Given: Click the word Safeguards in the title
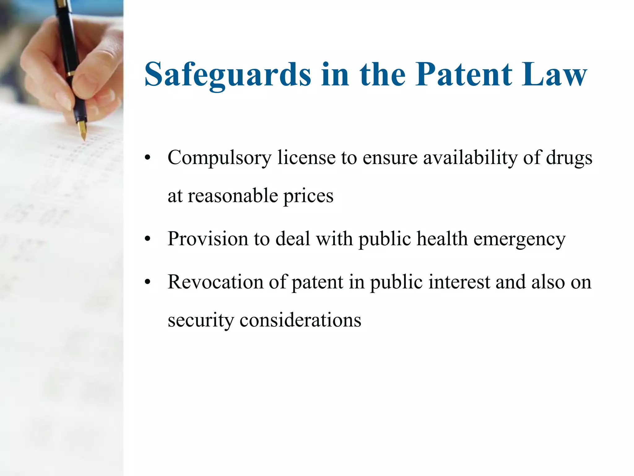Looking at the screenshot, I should pos(228,75).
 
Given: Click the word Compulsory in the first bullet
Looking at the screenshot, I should pos(219,158).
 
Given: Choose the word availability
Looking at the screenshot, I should pos(470,158).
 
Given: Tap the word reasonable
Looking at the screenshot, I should pos(233,196).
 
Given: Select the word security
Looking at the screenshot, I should pos(201,320).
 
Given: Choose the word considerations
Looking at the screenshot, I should pos(300,320).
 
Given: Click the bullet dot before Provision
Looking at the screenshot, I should pos(148,239).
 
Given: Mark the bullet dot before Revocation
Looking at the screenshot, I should pos(148,282).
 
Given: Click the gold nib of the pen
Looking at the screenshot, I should pos(82,130).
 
